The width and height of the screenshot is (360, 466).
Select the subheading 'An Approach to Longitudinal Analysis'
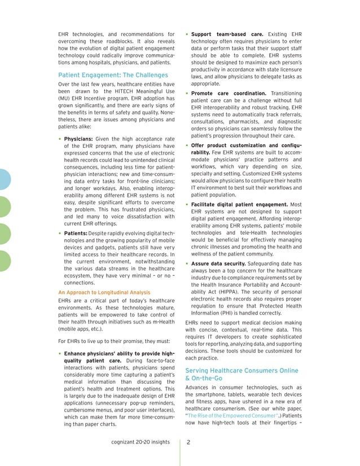tap(104, 292)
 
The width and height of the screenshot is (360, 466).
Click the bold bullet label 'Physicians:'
tap(82, 139)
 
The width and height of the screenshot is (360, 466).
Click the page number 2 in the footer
tap(188, 443)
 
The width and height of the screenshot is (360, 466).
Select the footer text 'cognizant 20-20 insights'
tap(142, 443)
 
